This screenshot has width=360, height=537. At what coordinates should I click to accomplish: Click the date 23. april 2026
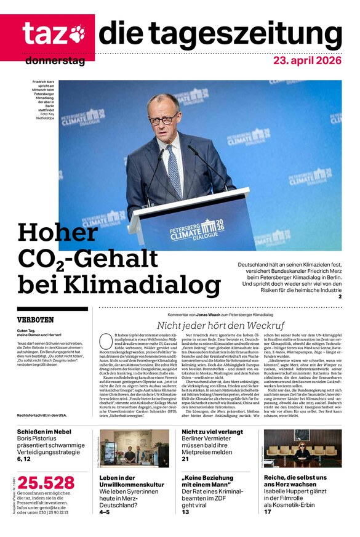coord(308,61)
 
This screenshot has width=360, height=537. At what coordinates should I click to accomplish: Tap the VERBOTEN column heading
coord(36,320)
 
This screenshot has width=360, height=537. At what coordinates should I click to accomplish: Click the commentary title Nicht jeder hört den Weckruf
coord(220,325)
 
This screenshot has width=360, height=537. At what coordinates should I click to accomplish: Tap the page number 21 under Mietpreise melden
coord(185,459)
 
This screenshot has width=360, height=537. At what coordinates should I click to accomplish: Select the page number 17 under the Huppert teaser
coord(268,512)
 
